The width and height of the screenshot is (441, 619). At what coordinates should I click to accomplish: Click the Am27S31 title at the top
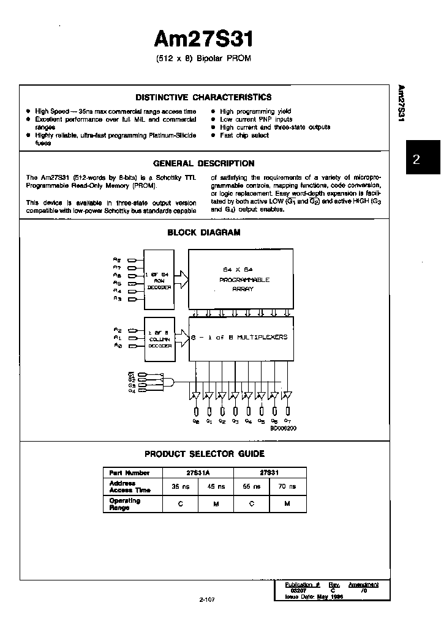tap(203, 39)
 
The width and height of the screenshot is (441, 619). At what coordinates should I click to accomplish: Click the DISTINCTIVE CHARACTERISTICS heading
tap(203, 97)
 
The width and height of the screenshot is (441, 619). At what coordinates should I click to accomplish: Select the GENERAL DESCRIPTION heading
tap(203, 163)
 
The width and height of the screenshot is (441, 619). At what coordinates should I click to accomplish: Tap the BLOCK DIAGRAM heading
tap(204, 232)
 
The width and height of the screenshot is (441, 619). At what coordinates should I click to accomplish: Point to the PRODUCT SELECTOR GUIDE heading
tap(205, 454)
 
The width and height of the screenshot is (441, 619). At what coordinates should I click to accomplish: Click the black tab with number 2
tap(417, 160)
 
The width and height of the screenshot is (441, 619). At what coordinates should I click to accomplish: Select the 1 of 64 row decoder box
tap(159, 279)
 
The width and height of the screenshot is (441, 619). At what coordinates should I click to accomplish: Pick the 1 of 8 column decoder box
tap(159, 337)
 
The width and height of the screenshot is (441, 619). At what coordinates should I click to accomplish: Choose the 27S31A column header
tap(198, 473)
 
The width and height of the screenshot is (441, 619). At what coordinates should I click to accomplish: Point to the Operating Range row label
tap(125, 504)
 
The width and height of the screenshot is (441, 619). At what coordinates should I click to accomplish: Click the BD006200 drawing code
tap(284, 428)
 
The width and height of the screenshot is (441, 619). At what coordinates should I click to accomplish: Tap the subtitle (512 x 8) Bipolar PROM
tap(203, 59)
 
